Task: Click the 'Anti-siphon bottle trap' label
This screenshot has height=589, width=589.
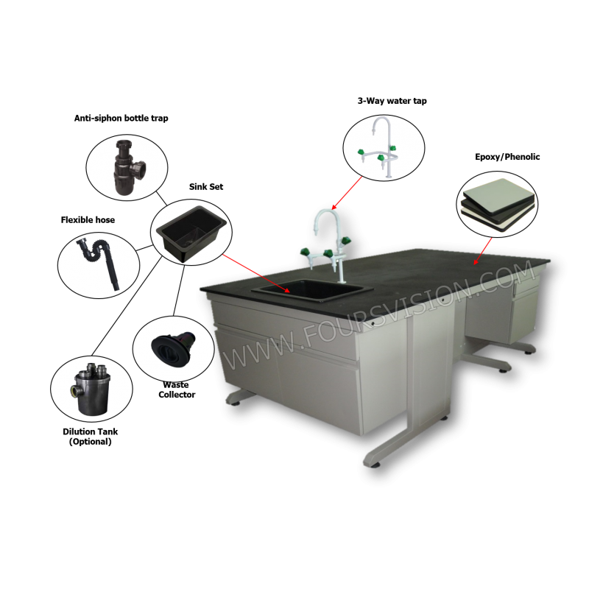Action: pyautogui.click(x=121, y=119)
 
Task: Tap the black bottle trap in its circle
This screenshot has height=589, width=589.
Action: pyautogui.click(x=128, y=168)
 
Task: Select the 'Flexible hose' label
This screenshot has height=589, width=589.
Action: pyautogui.click(x=88, y=220)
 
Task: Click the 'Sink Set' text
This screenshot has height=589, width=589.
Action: pyautogui.click(x=206, y=187)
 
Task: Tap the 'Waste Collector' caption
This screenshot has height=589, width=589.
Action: pyautogui.click(x=177, y=389)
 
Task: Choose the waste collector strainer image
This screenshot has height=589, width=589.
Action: pyautogui.click(x=173, y=349)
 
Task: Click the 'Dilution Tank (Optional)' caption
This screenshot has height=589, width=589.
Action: pyautogui.click(x=90, y=437)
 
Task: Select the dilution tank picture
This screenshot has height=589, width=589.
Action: pyautogui.click(x=91, y=389)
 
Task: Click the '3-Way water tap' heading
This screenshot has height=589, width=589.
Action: pyautogui.click(x=392, y=101)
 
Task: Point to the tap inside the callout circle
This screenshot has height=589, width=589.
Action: pyautogui.click(x=378, y=147)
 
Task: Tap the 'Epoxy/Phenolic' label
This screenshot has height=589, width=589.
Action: pyautogui.click(x=507, y=157)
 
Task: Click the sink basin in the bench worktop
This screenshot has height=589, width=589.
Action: pyautogui.click(x=312, y=289)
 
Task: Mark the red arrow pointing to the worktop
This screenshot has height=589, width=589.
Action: pyautogui.click(x=483, y=251)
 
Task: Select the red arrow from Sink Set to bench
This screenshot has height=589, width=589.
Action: pyautogui.click(x=255, y=273)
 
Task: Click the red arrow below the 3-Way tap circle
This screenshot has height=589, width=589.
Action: pyautogui.click(x=346, y=193)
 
